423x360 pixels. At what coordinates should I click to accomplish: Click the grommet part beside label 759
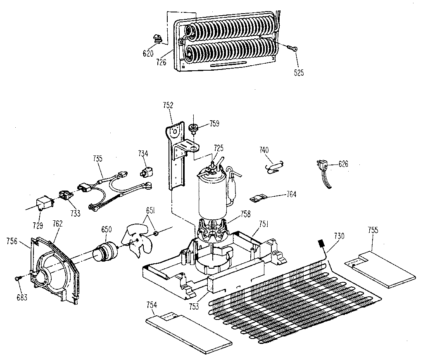coord(193,127)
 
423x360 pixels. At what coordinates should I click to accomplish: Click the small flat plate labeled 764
coord(258,198)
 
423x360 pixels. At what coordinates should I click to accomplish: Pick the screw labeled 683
coord(18,279)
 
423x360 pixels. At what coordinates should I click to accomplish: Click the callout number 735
coord(98,158)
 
